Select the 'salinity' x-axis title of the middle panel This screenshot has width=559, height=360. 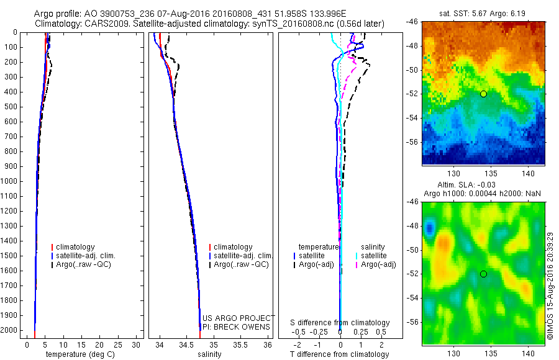click(x=209, y=354)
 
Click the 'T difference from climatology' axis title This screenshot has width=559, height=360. click(x=339, y=354)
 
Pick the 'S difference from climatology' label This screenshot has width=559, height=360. click(x=340, y=323)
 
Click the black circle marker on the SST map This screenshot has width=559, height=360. click(x=483, y=94)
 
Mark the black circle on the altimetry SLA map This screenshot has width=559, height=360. click(x=483, y=274)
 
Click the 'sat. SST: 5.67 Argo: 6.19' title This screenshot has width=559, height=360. click(x=483, y=14)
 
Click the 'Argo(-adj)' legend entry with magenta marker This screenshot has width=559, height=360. click(x=378, y=265)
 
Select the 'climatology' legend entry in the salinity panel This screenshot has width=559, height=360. click(x=232, y=247)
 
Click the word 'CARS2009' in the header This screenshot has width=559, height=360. click(x=99, y=24)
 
